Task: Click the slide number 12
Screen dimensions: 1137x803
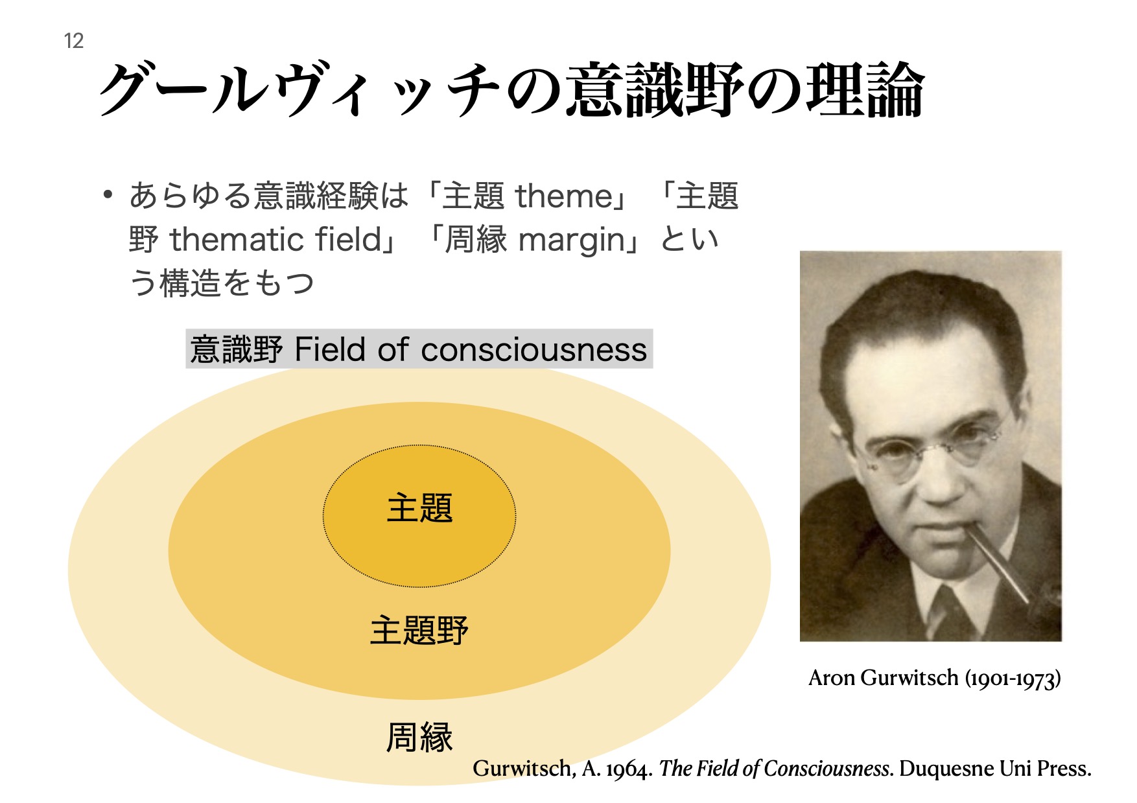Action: point(74,41)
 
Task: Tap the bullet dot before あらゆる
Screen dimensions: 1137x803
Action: point(108,194)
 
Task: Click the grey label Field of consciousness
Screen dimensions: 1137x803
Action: point(419,349)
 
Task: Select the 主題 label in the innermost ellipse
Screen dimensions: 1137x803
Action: point(419,507)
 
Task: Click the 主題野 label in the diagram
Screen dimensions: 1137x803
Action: point(419,630)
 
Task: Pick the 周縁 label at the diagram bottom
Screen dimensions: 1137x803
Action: point(419,737)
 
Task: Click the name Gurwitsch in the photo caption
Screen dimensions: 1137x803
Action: point(911,678)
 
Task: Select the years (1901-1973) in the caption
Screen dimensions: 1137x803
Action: point(1013,679)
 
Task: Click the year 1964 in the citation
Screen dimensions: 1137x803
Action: point(629,769)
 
